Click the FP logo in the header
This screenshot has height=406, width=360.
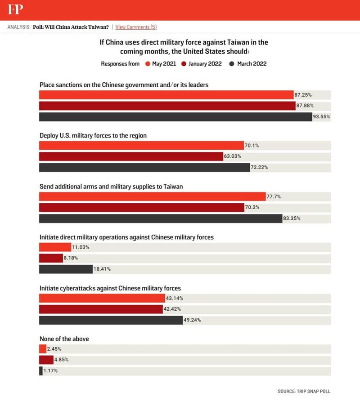[15, 9]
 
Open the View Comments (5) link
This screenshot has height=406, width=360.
[136, 27]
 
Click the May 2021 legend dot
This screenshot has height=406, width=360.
[148, 64]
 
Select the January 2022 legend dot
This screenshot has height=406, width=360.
[184, 64]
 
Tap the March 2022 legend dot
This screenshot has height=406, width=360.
[232, 64]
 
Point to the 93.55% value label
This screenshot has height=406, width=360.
[321, 117]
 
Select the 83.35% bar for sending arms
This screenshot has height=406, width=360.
[160, 219]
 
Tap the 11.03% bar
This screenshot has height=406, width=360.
[55, 247]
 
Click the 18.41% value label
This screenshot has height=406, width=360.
[102, 269]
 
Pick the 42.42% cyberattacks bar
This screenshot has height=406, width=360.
[100, 309]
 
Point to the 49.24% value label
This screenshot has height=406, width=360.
[192, 320]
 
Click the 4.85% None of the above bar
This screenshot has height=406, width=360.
[46, 360]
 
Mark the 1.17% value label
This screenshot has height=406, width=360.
[50, 371]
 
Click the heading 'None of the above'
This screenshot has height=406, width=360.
[64, 339]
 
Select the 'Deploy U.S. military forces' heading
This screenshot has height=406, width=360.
[93, 135]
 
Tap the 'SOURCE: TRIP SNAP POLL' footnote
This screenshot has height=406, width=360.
[304, 391]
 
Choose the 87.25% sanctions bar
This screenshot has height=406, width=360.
[166, 95]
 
